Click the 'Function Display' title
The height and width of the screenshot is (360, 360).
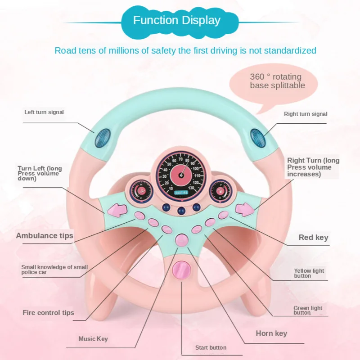tap(176, 20)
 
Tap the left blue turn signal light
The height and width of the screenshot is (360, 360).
tap(103, 138)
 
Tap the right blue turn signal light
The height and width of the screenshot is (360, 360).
tap(258, 138)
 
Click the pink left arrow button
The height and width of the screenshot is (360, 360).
tap(117, 210)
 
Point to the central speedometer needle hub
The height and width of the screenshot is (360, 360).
tap(181, 175)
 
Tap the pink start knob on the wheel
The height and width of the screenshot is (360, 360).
tap(182, 270)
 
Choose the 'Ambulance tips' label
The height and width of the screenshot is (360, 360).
tap(45, 235)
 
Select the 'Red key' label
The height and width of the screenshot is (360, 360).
tap(313, 238)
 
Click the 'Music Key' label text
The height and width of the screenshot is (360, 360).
tap(93, 339)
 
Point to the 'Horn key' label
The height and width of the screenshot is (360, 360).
tap(271, 333)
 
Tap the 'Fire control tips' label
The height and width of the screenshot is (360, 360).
tap(49, 313)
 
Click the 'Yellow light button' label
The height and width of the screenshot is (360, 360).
tap(309, 273)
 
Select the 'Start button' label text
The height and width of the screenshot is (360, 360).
tap(211, 347)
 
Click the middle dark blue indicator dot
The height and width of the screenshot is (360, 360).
tap(181, 211)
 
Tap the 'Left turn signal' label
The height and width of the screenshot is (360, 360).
tap(44, 112)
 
